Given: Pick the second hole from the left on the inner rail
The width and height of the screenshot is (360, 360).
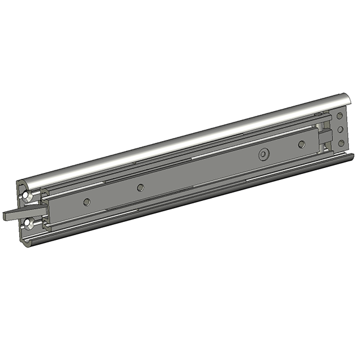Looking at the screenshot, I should tap(140, 188).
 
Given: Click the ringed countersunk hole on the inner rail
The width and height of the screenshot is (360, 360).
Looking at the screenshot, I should tap(262, 155).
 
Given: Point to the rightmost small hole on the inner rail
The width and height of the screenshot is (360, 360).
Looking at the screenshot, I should tap(301, 144).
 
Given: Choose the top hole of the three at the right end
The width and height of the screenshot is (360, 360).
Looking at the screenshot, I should tap(340, 115).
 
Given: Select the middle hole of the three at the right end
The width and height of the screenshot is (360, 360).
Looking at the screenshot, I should tap(341, 129).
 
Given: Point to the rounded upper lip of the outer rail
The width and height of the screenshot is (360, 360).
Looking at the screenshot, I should tap(180, 143).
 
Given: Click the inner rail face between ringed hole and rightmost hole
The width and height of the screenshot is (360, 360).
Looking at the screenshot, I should tap(282, 150).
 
